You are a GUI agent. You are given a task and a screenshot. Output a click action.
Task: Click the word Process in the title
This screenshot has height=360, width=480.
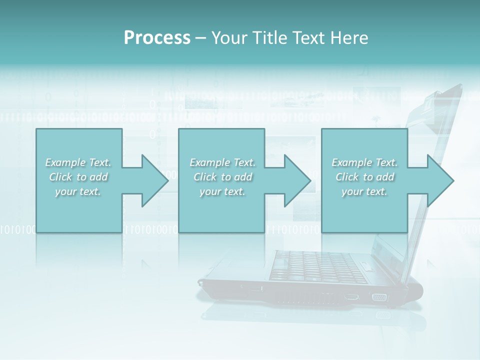pos(157,38)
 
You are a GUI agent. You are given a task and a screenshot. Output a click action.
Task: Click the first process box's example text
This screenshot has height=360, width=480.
pos(78,177)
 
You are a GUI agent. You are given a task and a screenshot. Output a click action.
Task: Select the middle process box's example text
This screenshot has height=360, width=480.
pos(222,177)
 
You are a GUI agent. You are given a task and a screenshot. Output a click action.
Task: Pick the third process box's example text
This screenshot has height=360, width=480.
pos(364,177)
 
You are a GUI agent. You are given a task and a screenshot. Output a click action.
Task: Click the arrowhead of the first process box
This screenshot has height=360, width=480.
pos(155,180)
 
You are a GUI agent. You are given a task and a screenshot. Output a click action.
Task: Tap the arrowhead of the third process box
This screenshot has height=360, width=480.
pos(441,180)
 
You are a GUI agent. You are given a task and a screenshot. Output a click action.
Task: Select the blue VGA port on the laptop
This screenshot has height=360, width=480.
pos(379,297)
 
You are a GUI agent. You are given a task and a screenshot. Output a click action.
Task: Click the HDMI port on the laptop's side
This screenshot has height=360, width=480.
pos(351,297)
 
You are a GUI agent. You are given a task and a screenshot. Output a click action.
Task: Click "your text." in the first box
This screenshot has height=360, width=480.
pos(78,191)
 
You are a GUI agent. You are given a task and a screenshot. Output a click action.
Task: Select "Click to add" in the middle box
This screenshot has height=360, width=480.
pos(222,177)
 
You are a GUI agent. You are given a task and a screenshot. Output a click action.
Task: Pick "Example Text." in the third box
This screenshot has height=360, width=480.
pos(364,162)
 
